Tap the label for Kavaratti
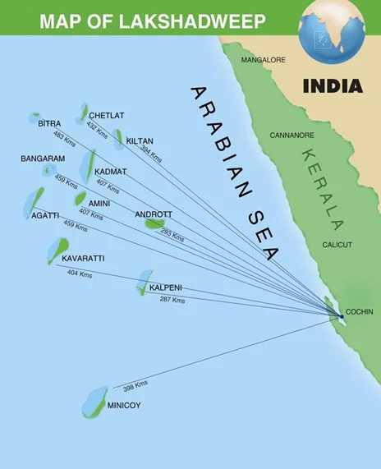83,259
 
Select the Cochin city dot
341,315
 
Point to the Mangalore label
263,60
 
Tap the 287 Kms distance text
172,300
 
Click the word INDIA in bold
332,85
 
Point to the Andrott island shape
154,223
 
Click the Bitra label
49,123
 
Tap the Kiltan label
140,141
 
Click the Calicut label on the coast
337,245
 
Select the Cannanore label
291,135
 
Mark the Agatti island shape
36,198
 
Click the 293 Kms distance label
172,236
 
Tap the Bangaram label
43,158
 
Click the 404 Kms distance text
79,273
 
